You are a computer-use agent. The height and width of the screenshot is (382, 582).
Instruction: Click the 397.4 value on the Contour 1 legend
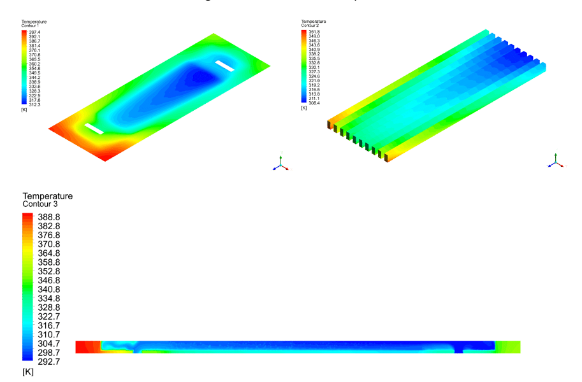[34, 32]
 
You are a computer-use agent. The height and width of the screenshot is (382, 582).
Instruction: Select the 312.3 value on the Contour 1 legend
[34, 105]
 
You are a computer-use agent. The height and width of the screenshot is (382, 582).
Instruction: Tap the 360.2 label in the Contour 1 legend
[34, 64]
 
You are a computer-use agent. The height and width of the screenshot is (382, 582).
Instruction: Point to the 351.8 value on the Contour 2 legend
[314, 31]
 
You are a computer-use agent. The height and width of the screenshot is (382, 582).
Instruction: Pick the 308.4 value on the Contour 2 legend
[314, 103]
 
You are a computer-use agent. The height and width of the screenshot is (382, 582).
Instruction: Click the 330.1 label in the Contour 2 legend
[314, 67]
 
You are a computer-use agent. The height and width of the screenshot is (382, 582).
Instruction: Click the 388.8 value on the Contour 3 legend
[48, 217]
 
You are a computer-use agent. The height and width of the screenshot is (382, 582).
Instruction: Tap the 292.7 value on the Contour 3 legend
[48, 361]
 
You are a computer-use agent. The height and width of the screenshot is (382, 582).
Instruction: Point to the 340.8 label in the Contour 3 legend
[48, 289]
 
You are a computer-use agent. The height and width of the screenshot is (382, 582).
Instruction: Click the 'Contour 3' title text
[40, 204]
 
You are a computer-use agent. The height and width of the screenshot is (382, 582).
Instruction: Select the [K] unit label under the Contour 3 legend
[28, 371]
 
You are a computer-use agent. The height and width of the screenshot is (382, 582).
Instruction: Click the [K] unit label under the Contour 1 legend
[24, 110]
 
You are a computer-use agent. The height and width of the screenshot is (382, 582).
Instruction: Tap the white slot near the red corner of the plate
[94, 129]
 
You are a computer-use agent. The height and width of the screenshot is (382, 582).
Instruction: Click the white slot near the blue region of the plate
[226, 66]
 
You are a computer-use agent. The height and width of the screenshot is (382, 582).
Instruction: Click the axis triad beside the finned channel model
[555, 161]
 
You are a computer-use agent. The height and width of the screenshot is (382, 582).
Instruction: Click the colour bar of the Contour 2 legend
[304, 67]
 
